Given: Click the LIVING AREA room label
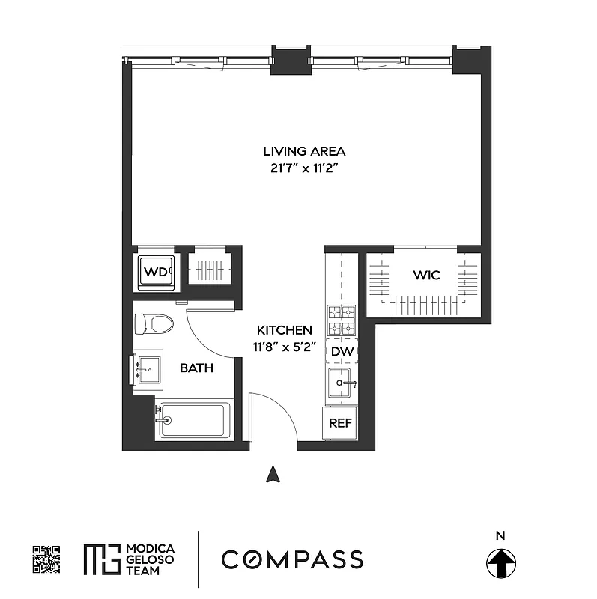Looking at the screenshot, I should (298, 151).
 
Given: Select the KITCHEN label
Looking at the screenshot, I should (285, 330).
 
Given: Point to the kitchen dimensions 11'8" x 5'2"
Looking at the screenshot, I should (285, 347).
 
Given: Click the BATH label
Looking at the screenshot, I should (196, 368).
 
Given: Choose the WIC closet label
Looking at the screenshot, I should (426, 276).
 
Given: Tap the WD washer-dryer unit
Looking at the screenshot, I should (156, 272).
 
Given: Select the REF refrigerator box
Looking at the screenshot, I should (341, 423).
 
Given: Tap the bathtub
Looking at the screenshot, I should (193, 421).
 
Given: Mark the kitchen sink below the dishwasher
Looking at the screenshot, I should (342, 383).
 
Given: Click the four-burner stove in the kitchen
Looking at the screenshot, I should (341, 320).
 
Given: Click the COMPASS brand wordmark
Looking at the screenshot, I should (292, 559).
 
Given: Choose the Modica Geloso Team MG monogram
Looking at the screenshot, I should (101, 559).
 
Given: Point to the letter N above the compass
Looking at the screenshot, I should (500, 535).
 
